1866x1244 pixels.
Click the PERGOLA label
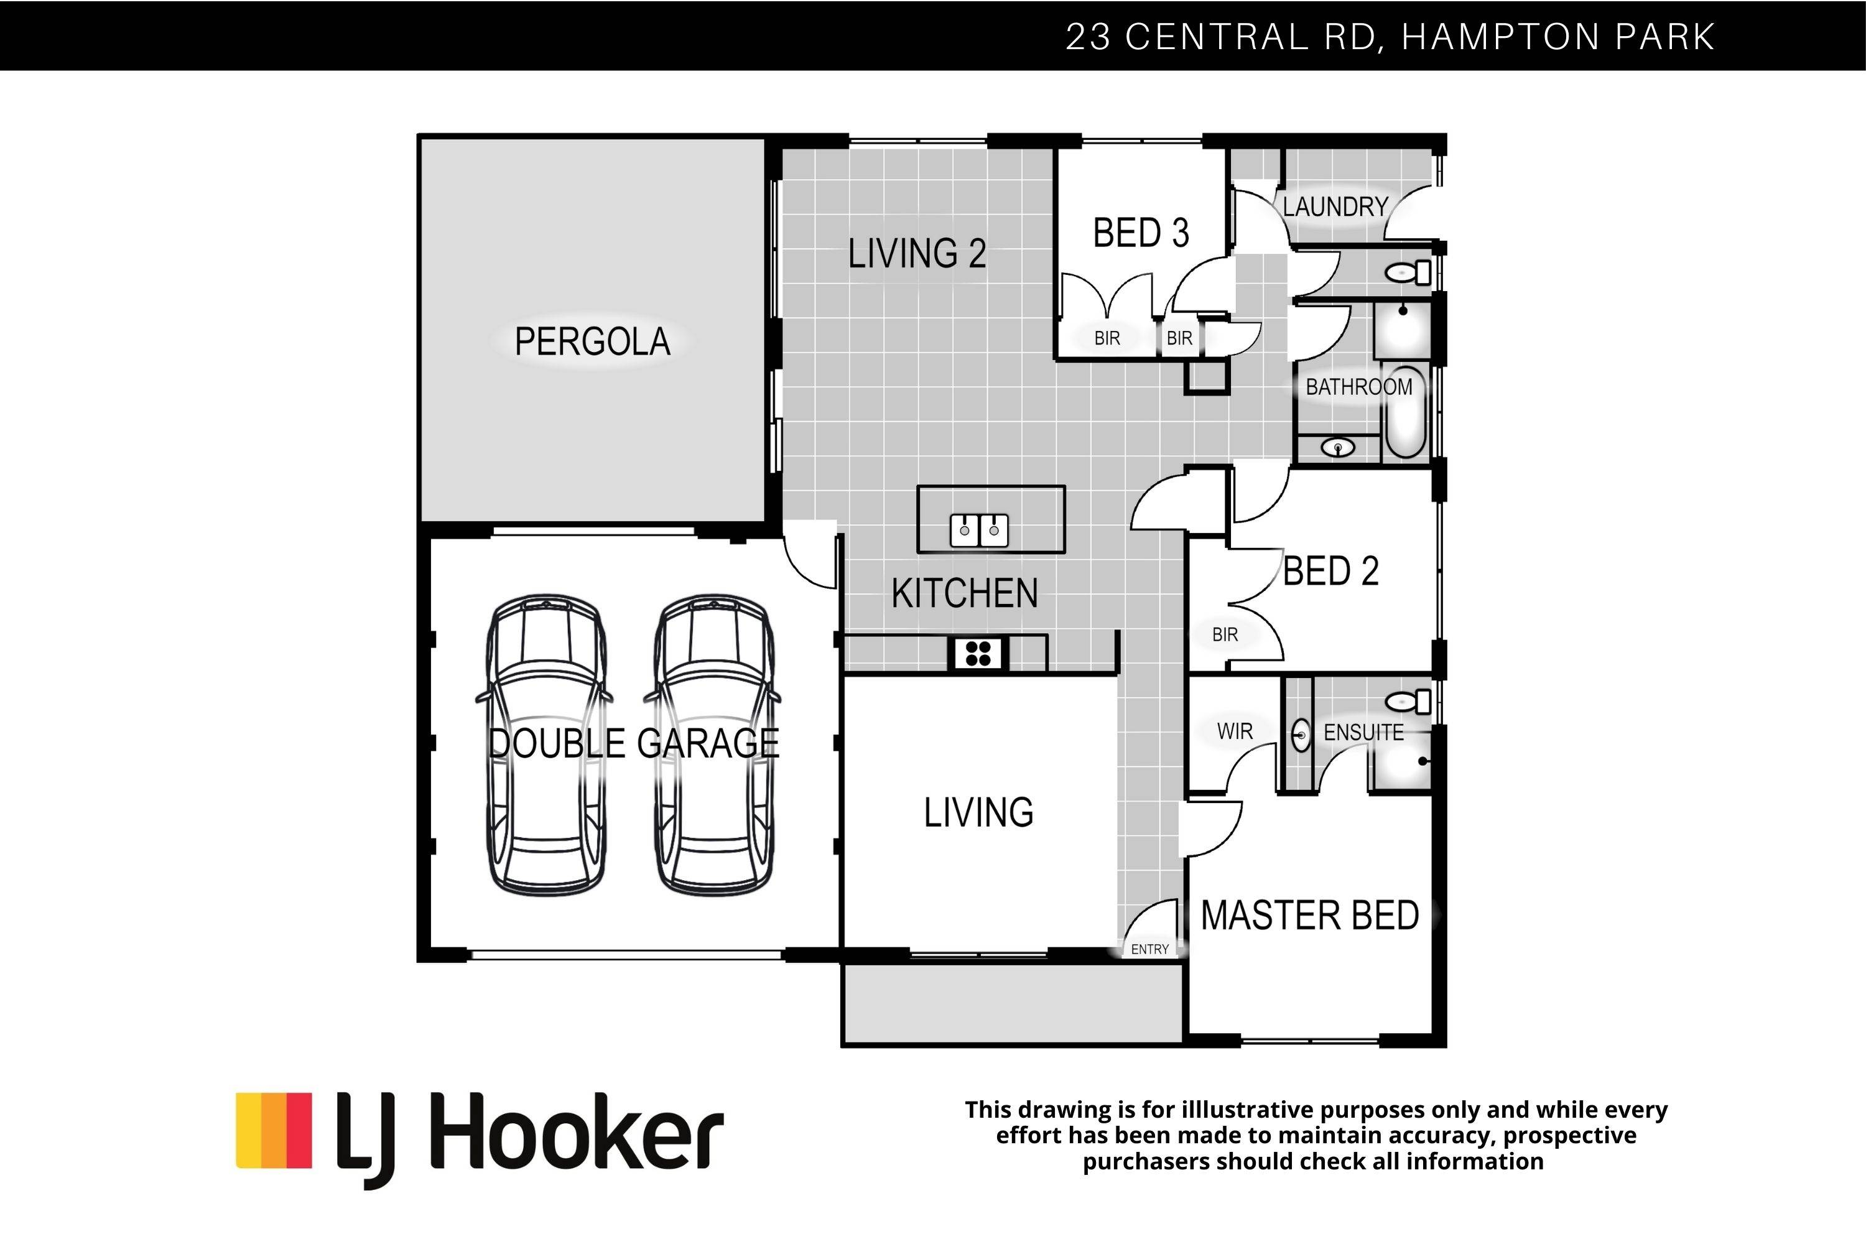click(593, 341)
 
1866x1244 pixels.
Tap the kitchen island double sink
click(979, 530)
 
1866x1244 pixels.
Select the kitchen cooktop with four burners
click(978, 654)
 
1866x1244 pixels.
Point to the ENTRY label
click(1149, 949)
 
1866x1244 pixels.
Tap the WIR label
click(1235, 731)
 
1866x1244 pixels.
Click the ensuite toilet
click(1408, 702)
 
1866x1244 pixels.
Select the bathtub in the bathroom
click(1405, 412)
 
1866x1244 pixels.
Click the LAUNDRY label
click(1335, 207)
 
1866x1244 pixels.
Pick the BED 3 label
click(1141, 233)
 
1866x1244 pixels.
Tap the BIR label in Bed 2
click(1225, 634)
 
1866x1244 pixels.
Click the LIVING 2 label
click(917, 254)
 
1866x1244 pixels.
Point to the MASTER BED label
click(1310, 916)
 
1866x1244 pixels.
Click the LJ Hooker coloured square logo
click(274, 1131)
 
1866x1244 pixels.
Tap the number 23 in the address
click(1088, 37)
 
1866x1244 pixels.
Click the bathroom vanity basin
click(1339, 448)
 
